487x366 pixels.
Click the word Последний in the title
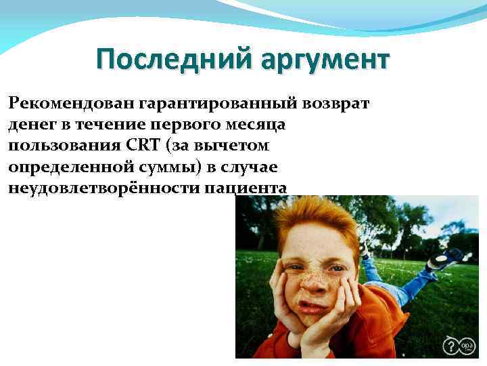[x=173, y=60]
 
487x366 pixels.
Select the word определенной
[x=70, y=167]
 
